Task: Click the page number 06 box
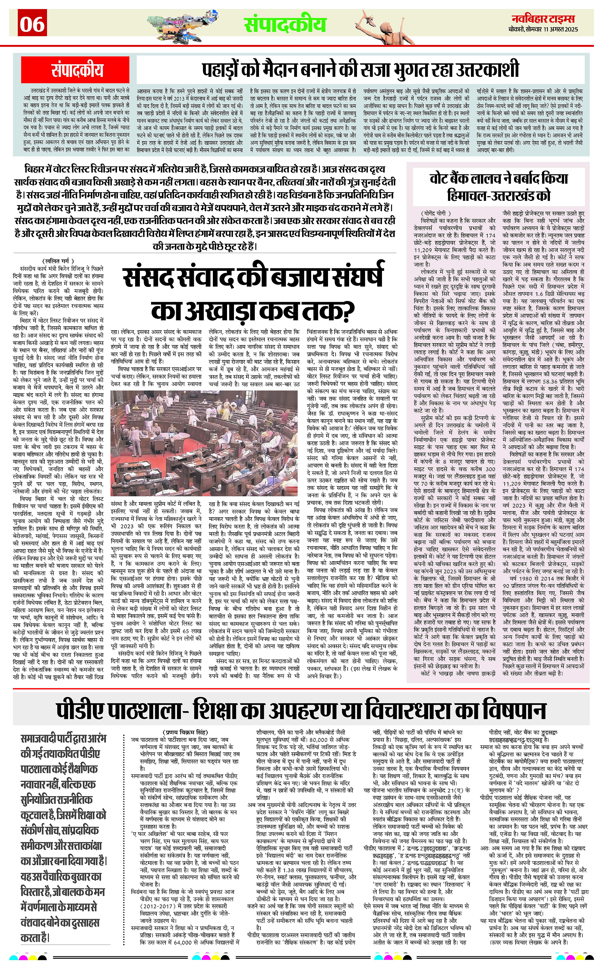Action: [32, 24]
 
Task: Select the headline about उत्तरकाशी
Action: [361, 69]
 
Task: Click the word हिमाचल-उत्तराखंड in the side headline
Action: [498, 195]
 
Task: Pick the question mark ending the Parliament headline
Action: [346, 311]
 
